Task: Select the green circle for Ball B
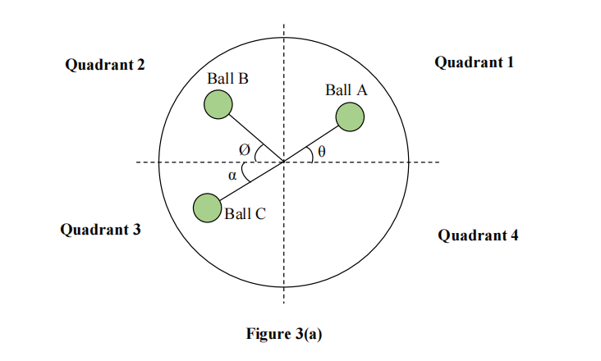[x=219, y=104]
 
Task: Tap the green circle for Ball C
[x=207, y=208]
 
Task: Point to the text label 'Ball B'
[x=227, y=80]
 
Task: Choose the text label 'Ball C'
[x=245, y=214]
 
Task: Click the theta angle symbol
[x=322, y=152]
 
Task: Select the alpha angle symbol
[x=232, y=175]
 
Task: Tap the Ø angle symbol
[x=244, y=150]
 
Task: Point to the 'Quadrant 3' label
[x=100, y=230]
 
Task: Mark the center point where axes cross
[x=284, y=162]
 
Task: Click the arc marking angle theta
[x=310, y=154]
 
